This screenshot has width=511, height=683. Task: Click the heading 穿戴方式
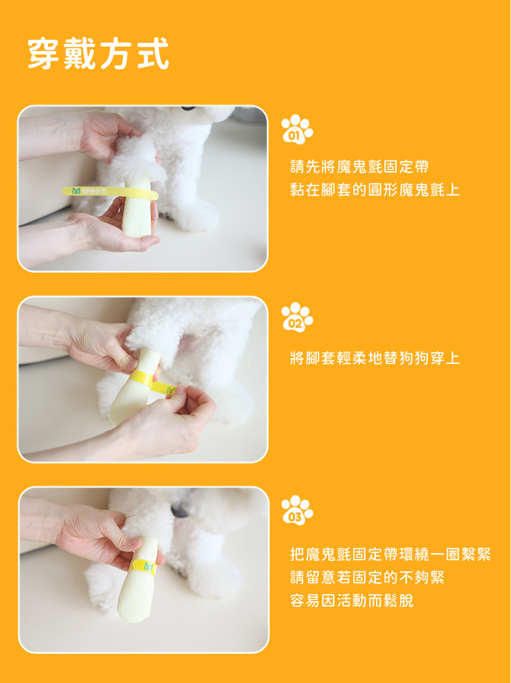pyautogui.click(x=98, y=53)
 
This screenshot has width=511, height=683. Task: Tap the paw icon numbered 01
pyautogui.click(x=297, y=129)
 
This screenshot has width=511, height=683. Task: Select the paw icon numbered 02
pyautogui.click(x=297, y=317)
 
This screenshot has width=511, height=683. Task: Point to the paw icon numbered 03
pyautogui.click(x=297, y=510)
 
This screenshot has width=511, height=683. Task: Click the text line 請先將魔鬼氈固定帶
pyautogui.click(x=360, y=167)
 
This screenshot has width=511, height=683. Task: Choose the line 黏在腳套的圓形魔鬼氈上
pyautogui.click(x=375, y=190)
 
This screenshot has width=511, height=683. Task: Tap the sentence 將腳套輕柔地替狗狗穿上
pyautogui.click(x=375, y=358)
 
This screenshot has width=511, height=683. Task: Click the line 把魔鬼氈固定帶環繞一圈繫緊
pyautogui.click(x=391, y=554)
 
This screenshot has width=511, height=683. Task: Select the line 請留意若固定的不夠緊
pyautogui.click(x=367, y=577)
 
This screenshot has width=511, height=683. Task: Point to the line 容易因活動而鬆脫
pyautogui.click(x=352, y=601)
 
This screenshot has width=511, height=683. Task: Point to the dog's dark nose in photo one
pyautogui.click(x=188, y=107)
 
